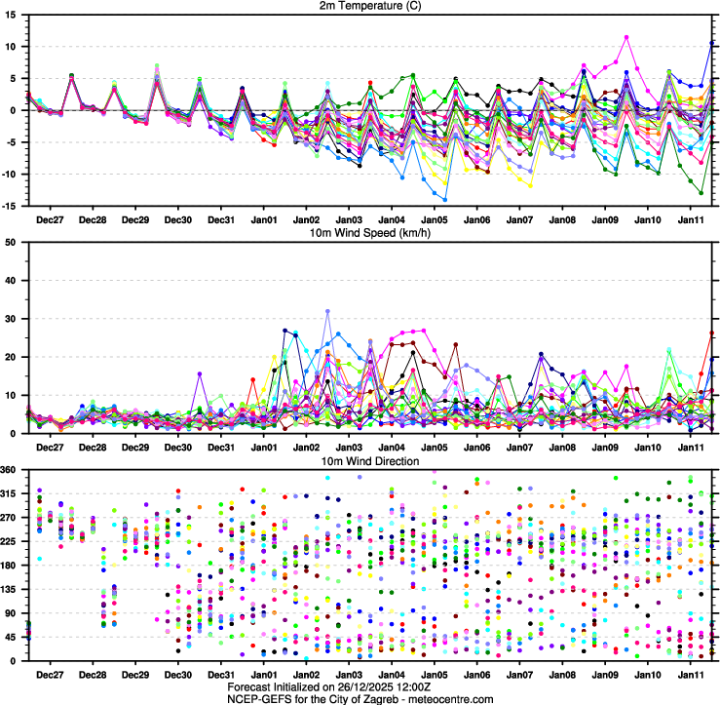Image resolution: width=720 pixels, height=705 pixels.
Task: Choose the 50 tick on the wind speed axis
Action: [x=15, y=242]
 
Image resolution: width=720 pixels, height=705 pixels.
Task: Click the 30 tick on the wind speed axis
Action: [x=15, y=319]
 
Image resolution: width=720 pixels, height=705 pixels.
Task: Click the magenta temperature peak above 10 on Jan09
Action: [x=626, y=37]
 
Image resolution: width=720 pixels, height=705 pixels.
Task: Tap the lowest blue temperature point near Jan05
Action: [x=445, y=200]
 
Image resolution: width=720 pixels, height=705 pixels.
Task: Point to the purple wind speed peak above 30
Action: [x=328, y=311]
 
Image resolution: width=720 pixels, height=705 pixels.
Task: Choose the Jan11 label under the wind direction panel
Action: [x=691, y=675]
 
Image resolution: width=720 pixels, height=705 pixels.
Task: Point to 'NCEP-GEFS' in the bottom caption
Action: [x=256, y=699]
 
